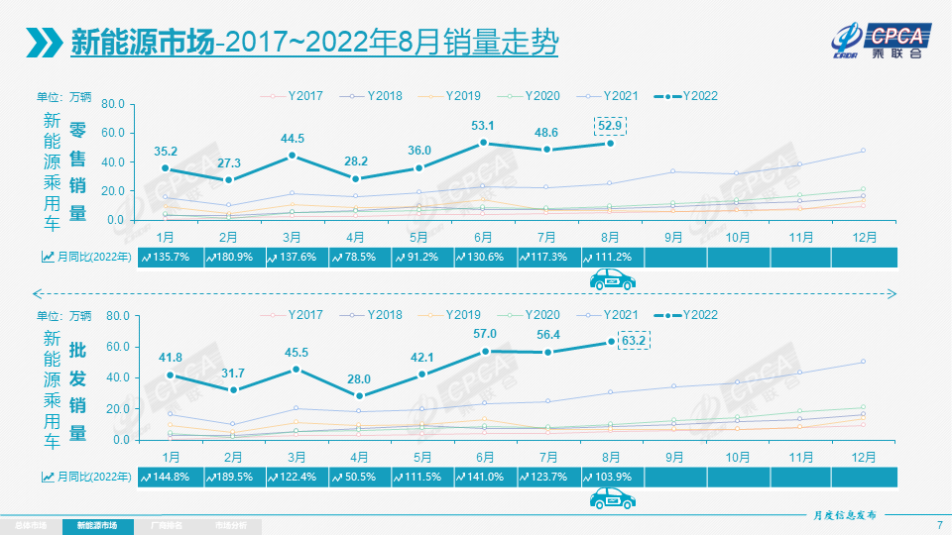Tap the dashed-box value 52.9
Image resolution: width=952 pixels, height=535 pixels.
[x=610, y=124]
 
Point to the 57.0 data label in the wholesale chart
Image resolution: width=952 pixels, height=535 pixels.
[x=485, y=334]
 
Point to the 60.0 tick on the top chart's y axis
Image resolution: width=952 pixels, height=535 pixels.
[x=112, y=133]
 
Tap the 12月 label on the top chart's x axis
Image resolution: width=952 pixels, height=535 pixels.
[x=863, y=238]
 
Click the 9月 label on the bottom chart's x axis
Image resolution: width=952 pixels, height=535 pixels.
[x=674, y=457]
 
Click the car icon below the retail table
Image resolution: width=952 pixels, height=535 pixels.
[x=612, y=281]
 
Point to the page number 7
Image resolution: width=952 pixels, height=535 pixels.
[x=939, y=524]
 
